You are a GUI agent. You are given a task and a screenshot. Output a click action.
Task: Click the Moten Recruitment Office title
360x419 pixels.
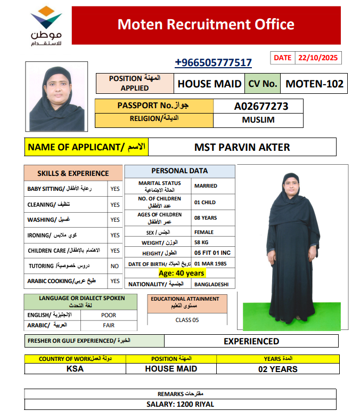tap(206, 24)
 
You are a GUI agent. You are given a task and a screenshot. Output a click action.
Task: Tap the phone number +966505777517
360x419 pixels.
tap(213, 63)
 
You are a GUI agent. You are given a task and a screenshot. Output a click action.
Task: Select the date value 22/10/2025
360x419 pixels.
tap(318, 58)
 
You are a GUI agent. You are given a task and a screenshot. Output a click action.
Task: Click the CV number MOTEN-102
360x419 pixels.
tap(314, 84)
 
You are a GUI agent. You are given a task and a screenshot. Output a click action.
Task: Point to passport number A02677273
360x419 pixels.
tap(261, 106)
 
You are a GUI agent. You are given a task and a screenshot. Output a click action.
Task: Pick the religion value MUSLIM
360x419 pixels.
tap(258, 120)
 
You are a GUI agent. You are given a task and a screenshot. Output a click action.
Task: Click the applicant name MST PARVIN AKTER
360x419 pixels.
tap(242, 147)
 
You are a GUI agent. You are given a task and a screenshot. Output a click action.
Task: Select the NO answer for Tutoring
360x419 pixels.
tap(114, 265)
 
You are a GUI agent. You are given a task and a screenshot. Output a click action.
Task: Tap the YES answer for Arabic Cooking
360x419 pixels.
tap(114, 281)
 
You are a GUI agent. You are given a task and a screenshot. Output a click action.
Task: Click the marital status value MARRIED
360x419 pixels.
tap(206, 186)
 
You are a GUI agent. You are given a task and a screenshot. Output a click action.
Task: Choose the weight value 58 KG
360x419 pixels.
tap(202, 243)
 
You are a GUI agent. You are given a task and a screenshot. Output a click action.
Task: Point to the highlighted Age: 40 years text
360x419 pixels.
tap(182, 273)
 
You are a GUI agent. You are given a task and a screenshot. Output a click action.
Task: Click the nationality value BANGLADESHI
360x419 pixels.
tap(211, 284)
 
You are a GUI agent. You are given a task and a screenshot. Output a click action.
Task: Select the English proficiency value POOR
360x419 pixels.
tap(108, 315)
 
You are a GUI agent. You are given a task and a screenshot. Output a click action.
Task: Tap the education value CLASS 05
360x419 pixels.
tap(187, 320)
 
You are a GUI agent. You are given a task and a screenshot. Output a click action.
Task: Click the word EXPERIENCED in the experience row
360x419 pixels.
tap(251, 341)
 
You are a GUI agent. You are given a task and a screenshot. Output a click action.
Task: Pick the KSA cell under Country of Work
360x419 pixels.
tap(75, 369)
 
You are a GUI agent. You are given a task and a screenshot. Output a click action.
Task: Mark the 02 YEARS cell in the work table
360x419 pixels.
tap(277, 369)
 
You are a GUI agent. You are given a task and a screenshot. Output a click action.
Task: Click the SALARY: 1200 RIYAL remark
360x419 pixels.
tap(180, 405)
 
